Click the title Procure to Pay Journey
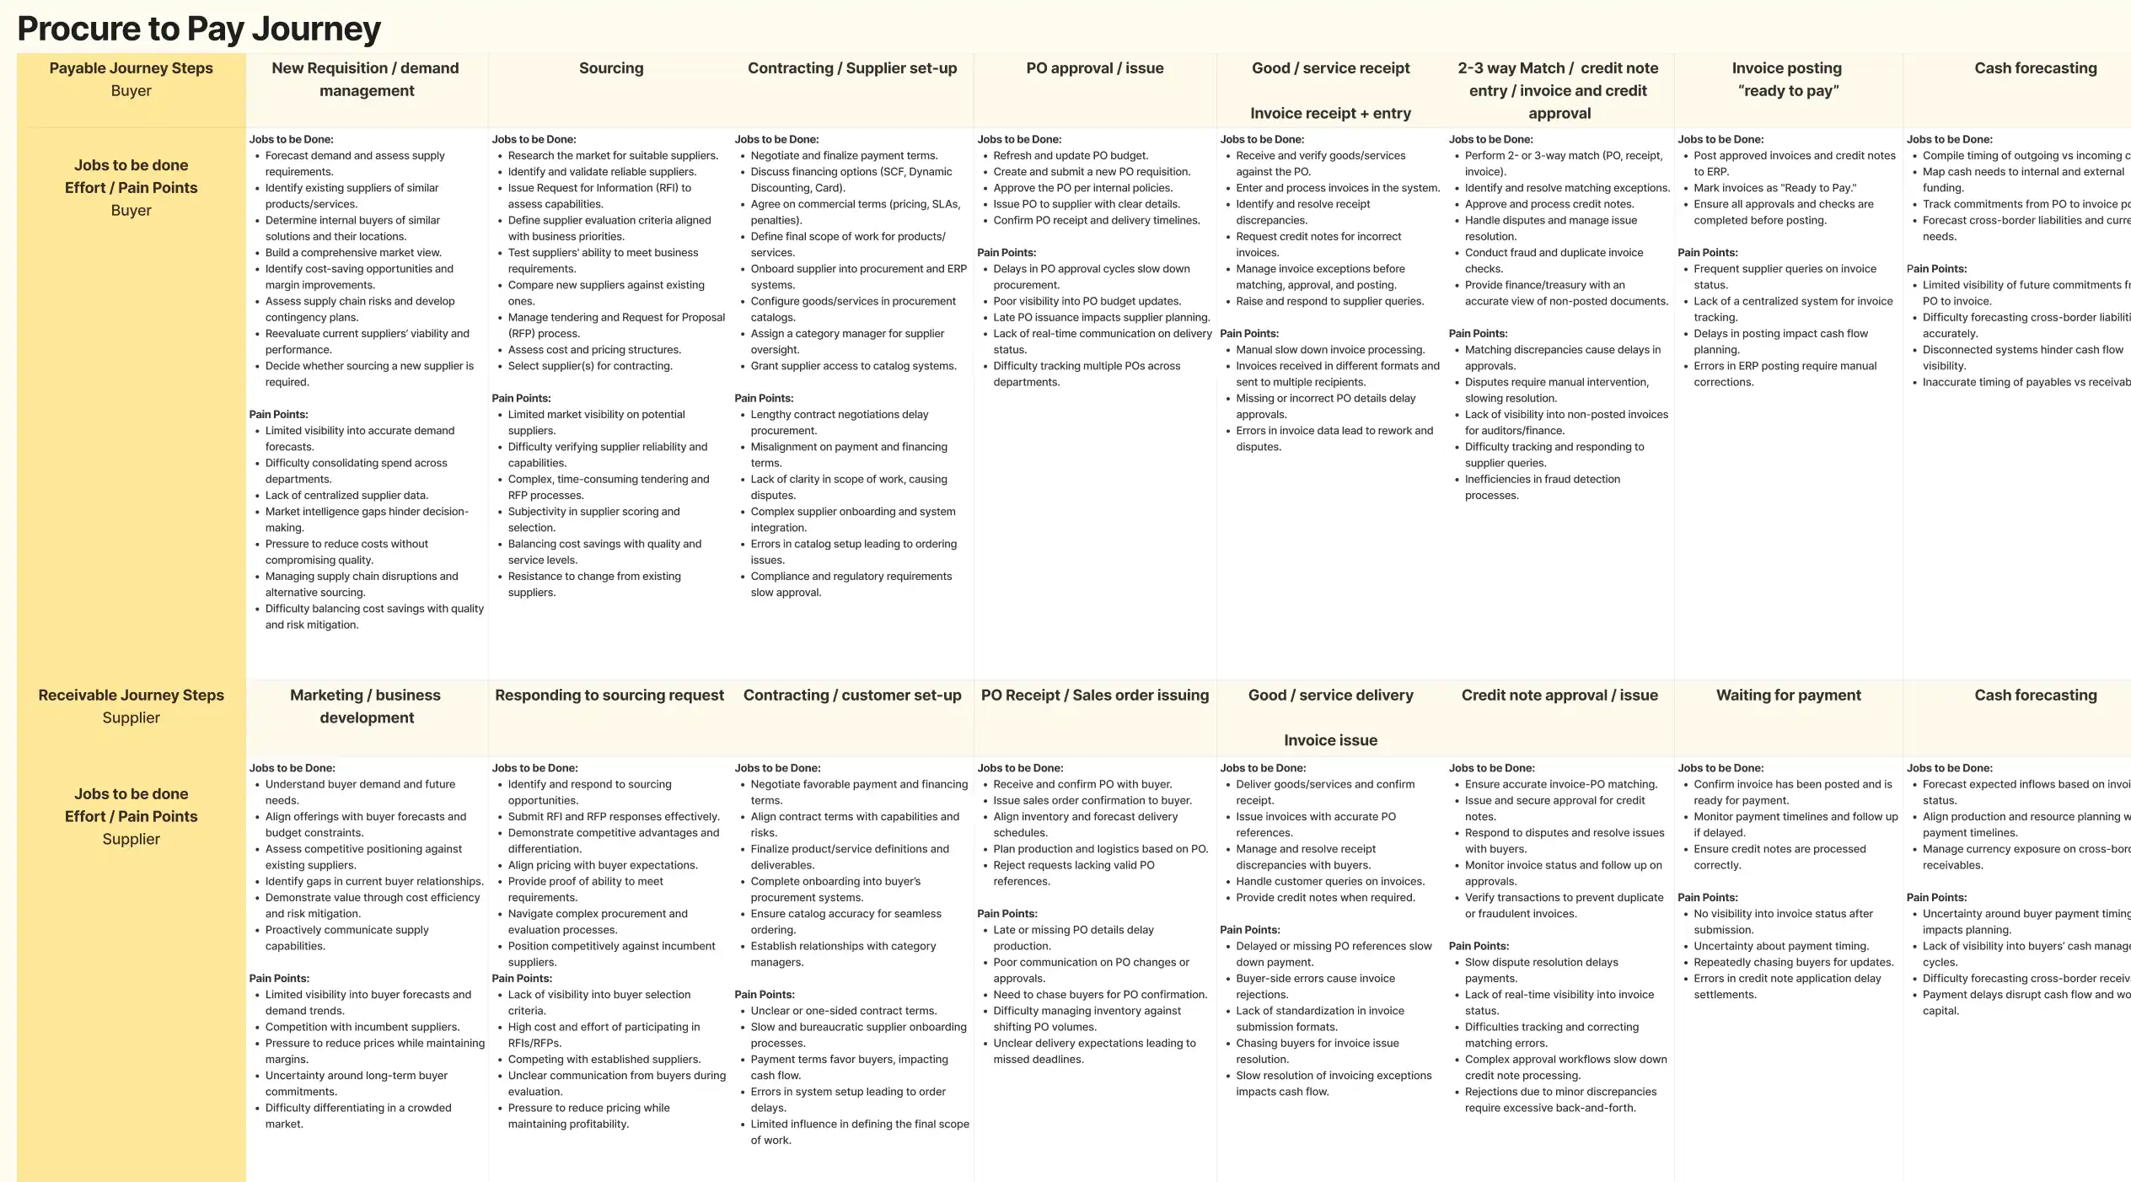199,29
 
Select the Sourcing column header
611,68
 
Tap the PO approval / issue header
1094,68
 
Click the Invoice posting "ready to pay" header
1787,79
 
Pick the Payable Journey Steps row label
131,68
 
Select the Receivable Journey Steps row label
131,696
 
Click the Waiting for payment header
1788,696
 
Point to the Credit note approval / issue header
1559,696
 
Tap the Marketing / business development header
366,707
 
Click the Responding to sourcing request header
609,696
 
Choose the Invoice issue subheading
1330,740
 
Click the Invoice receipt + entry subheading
1330,113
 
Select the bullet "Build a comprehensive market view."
353,253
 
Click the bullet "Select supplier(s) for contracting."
590,366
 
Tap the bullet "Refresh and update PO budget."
1071,156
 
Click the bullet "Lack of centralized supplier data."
346,496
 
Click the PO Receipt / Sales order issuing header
1094,696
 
